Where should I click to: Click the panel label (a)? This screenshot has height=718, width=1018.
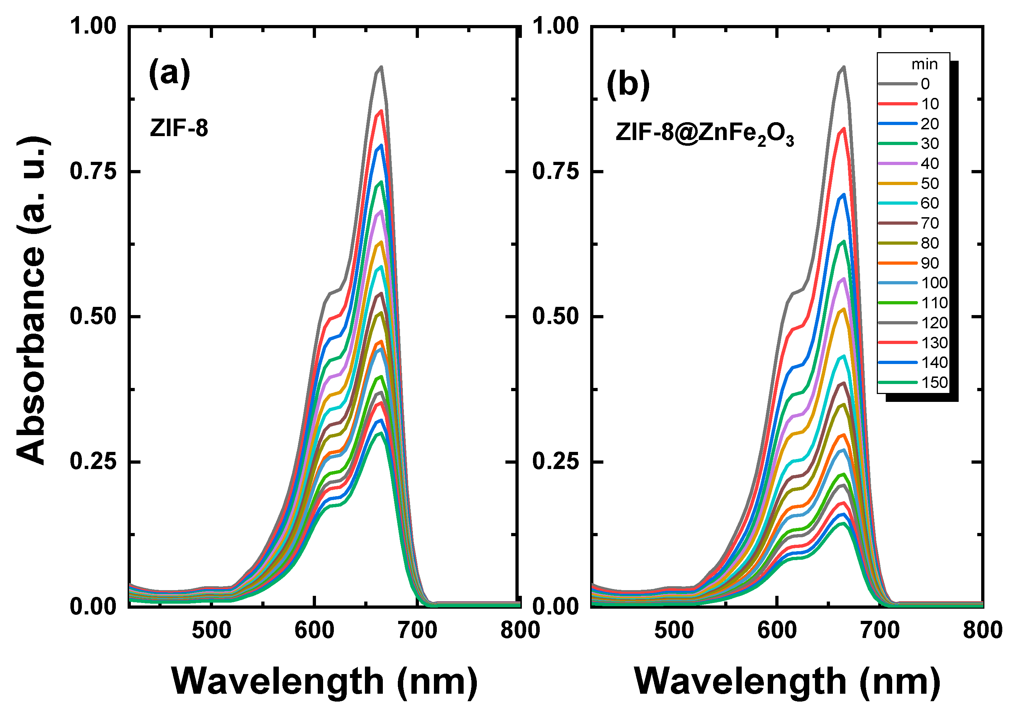169,74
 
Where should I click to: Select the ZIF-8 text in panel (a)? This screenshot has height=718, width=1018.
179,129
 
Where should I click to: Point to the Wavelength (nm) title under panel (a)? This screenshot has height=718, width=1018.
325,681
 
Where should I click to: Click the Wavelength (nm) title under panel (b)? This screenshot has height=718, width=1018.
787,681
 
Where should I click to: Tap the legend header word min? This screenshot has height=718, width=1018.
924,65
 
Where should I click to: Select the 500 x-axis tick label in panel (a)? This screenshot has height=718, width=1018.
212,630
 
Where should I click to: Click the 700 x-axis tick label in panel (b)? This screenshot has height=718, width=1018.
880,630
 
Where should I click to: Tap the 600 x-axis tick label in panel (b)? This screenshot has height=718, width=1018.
777,630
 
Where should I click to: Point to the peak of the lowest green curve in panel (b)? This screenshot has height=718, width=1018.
843,523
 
